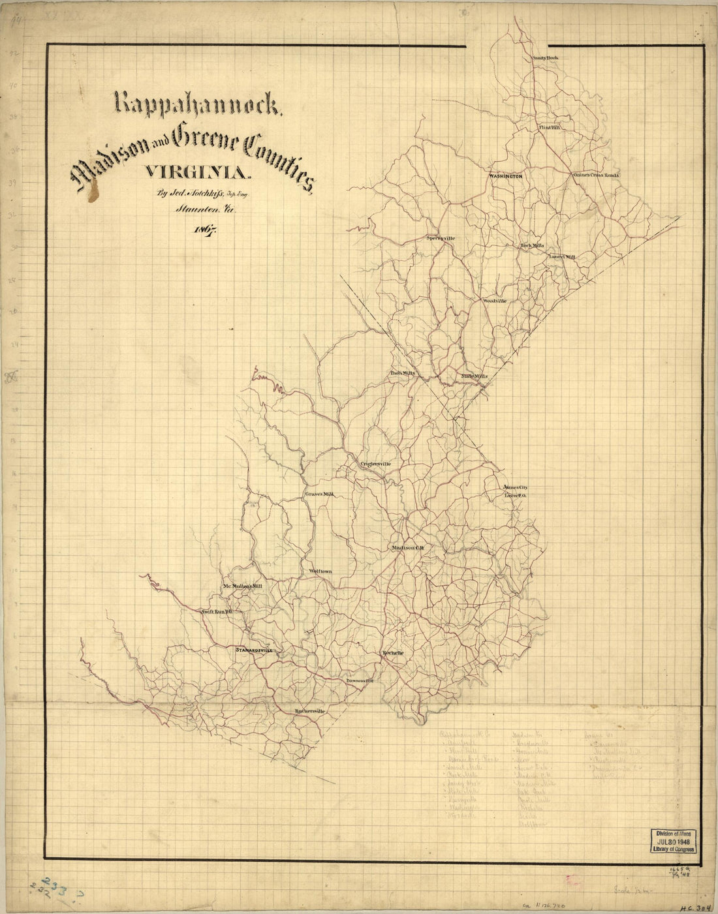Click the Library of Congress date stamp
[x=672, y=841]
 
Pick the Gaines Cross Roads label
[x=596, y=175]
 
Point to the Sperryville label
[x=441, y=238]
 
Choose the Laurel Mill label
[x=562, y=257]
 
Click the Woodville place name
[x=494, y=301]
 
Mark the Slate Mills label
[x=475, y=376]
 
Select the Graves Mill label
[x=319, y=495]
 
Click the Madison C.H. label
[x=408, y=548]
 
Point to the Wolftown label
[x=320, y=571]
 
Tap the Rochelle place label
[x=394, y=653]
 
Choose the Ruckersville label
[x=309, y=710]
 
